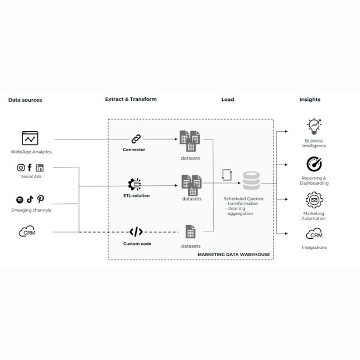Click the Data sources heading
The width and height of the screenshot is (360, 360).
pos(25,100)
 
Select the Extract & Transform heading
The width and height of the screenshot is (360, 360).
pos(131,99)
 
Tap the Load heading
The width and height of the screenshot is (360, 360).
pos(228,100)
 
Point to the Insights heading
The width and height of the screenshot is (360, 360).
pos(310,100)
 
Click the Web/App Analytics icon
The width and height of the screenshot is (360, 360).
pos(30,138)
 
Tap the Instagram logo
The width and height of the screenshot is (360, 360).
pos(21,167)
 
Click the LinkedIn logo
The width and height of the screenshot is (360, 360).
pos(40,167)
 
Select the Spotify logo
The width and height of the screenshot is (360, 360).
pos(20,200)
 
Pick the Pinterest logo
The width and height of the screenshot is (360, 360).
pos(41,199)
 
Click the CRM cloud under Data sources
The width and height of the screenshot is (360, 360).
pos(28,232)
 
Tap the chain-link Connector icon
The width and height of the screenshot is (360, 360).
pos(136,139)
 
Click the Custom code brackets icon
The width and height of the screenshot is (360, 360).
pos(136,232)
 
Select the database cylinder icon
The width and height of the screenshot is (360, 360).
pos(251,181)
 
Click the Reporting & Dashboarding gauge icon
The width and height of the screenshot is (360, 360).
pos(314,164)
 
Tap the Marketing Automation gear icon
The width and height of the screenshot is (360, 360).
pos(314,200)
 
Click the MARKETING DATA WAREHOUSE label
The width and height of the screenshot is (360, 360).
pos(233,255)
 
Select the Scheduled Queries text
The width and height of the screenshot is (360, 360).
pos(243,198)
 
